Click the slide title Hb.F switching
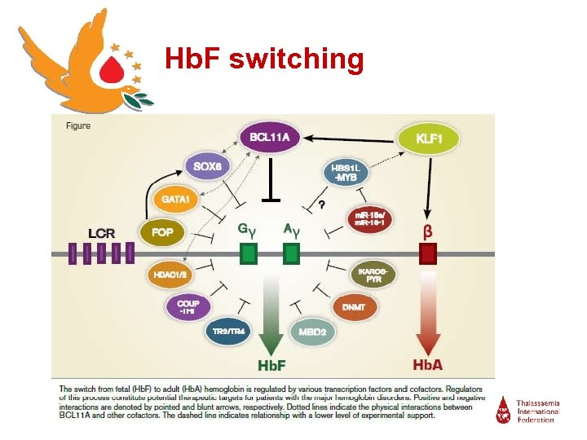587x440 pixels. point(263,59)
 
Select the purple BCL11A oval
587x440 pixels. point(269,139)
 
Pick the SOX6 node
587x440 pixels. point(207,166)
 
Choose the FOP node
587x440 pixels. point(162,232)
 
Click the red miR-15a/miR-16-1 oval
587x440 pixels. point(370,219)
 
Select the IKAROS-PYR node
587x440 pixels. point(374,275)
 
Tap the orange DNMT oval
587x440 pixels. point(353,307)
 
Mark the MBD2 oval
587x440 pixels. point(312,332)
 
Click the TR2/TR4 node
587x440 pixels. point(227,332)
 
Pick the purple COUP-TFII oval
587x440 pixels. point(188,307)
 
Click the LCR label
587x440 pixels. point(101,234)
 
